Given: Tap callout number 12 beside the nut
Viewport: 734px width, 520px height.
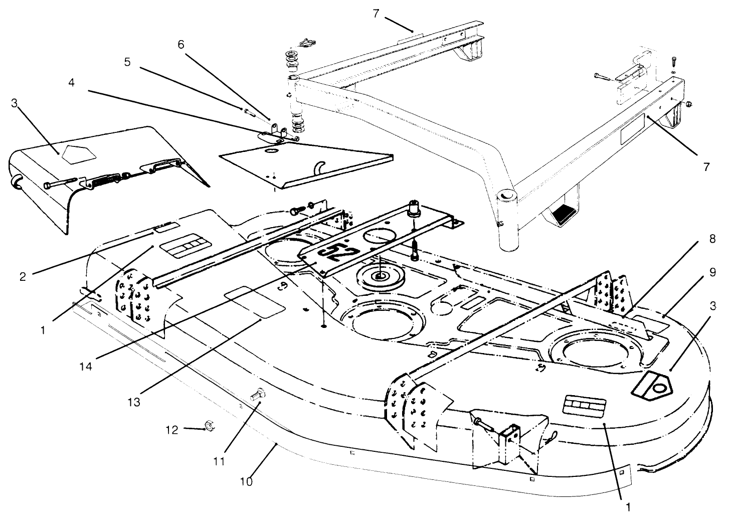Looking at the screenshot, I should pyautogui.click(x=171, y=430).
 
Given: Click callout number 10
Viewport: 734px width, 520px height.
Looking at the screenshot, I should pyautogui.click(x=247, y=481).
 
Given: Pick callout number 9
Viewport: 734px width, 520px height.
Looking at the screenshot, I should pyautogui.click(x=712, y=272).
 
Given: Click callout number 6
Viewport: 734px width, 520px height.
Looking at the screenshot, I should pyautogui.click(x=181, y=44).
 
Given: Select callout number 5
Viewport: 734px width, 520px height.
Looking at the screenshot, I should pyautogui.click(x=127, y=62).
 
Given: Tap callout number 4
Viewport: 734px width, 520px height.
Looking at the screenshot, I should pyautogui.click(x=72, y=82).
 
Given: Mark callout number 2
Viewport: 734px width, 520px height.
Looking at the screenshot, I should pyautogui.click(x=23, y=276).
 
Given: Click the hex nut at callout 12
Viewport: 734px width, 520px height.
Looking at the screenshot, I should pyautogui.click(x=209, y=427).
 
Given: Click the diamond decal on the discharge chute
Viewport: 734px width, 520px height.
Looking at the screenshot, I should pyautogui.click(x=74, y=150).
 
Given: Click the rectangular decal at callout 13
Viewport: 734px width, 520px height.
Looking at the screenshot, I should pyautogui.click(x=254, y=302).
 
